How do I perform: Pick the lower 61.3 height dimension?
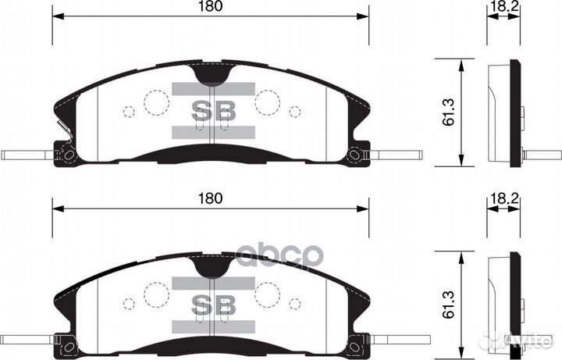pos(448,307)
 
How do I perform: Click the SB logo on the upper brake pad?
pos(214,111)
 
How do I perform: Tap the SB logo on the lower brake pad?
pos(214,303)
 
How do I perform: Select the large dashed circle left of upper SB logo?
pos(156,102)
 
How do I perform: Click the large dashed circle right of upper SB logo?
pos(268,102)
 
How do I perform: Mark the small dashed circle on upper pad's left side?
pos(129,111)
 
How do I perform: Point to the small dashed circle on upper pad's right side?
pos(295,111)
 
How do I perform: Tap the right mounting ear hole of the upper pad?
pos(355,155)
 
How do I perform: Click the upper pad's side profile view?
pos(506,113)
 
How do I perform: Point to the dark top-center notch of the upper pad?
pos(214,75)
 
